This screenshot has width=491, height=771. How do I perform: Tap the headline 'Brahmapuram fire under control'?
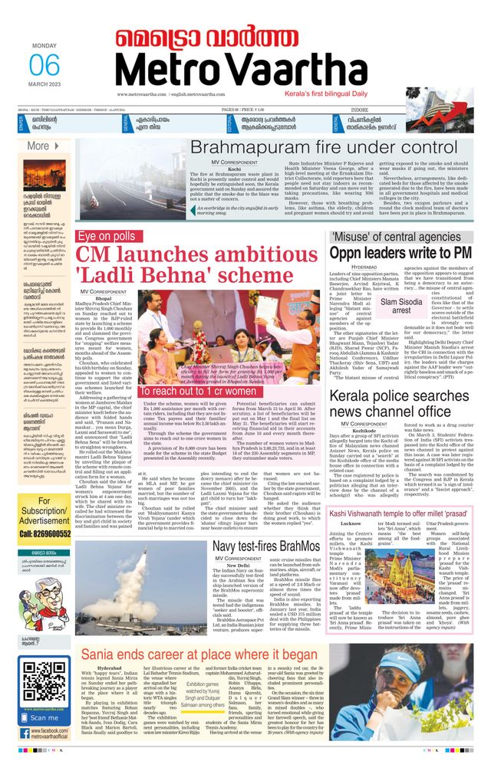click(324, 148)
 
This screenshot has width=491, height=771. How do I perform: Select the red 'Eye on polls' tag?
click(107, 236)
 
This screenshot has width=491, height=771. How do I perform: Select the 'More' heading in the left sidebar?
click(38, 146)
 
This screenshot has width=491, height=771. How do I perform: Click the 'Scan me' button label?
click(44, 717)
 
